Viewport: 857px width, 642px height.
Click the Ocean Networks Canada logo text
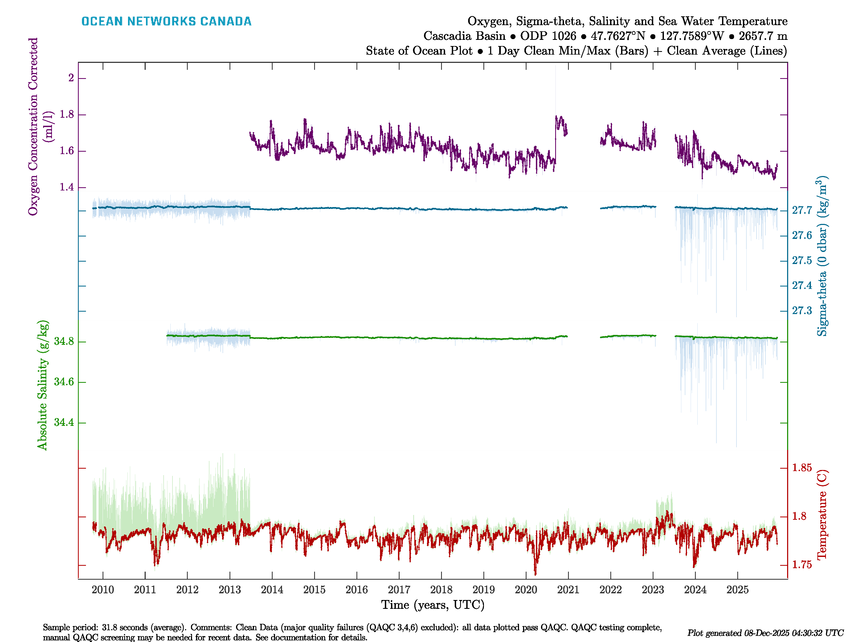[x=166, y=21]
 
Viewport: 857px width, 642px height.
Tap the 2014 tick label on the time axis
[x=272, y=590]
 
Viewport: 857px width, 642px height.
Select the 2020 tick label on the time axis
[x=526, y=590]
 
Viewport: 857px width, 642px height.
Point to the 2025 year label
[x=737, y=590]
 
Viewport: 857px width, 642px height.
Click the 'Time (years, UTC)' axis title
[x=433, y=605]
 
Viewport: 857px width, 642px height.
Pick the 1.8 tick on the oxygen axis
[x=67, y=114]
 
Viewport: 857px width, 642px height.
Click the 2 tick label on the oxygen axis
[x=71, y=78]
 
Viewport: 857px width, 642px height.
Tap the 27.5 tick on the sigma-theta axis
[x=802, y=261]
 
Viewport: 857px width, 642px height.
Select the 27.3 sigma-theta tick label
[x=802, y=311]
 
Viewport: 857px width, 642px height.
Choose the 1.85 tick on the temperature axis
[x=802, y=468]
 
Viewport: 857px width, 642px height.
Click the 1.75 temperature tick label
[x=802, y=565]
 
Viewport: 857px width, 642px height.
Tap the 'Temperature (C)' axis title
[x=822, y=515]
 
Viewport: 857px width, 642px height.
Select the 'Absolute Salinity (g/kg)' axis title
[x=42, y=385]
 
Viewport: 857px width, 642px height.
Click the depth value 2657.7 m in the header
[x=763, y=36]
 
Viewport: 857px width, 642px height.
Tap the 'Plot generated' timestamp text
[x=765, y=633]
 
